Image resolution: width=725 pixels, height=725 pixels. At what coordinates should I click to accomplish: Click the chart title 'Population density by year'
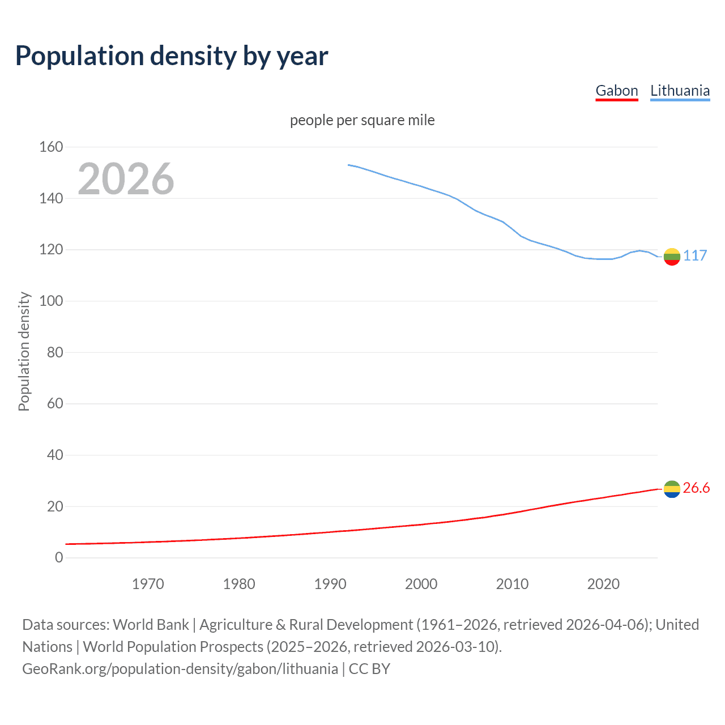coord(172,56)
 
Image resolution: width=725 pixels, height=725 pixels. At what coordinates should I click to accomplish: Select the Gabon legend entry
coord(616,91)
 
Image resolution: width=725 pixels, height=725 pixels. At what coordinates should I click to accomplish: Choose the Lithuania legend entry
coord(680,91)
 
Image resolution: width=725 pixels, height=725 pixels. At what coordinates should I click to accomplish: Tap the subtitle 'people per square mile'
coord(362,121)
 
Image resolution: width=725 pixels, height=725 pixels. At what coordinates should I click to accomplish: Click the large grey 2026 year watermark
coord(126,179)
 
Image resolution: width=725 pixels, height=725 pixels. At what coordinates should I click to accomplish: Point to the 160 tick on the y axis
coord(51,147)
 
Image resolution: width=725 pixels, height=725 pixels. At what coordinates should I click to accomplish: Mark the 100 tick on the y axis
coord(51,301)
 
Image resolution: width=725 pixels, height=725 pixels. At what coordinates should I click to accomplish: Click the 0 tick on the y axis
coord(59,558)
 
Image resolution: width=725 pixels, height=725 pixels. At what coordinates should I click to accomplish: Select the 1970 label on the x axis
coord(148,584)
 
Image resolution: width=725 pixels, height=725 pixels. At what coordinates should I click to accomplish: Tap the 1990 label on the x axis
coord(330,584)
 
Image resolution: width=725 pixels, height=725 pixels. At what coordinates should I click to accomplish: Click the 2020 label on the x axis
coord(603,584)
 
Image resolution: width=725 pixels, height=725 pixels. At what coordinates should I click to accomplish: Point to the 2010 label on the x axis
coord(512,584)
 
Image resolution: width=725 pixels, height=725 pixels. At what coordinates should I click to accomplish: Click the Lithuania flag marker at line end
coord(672,257)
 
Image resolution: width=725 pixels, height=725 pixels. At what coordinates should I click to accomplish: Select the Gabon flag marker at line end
coord(672,489)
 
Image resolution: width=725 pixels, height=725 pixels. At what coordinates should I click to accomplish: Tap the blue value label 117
coord(695,256)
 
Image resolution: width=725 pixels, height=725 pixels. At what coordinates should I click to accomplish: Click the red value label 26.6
coord(696,488)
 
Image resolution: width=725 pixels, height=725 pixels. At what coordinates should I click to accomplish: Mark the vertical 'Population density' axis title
coord(24,351)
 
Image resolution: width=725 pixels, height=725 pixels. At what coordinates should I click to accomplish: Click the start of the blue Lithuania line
coord(348,165)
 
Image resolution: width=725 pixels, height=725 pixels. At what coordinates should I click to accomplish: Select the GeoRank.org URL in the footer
coord(180,669)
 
